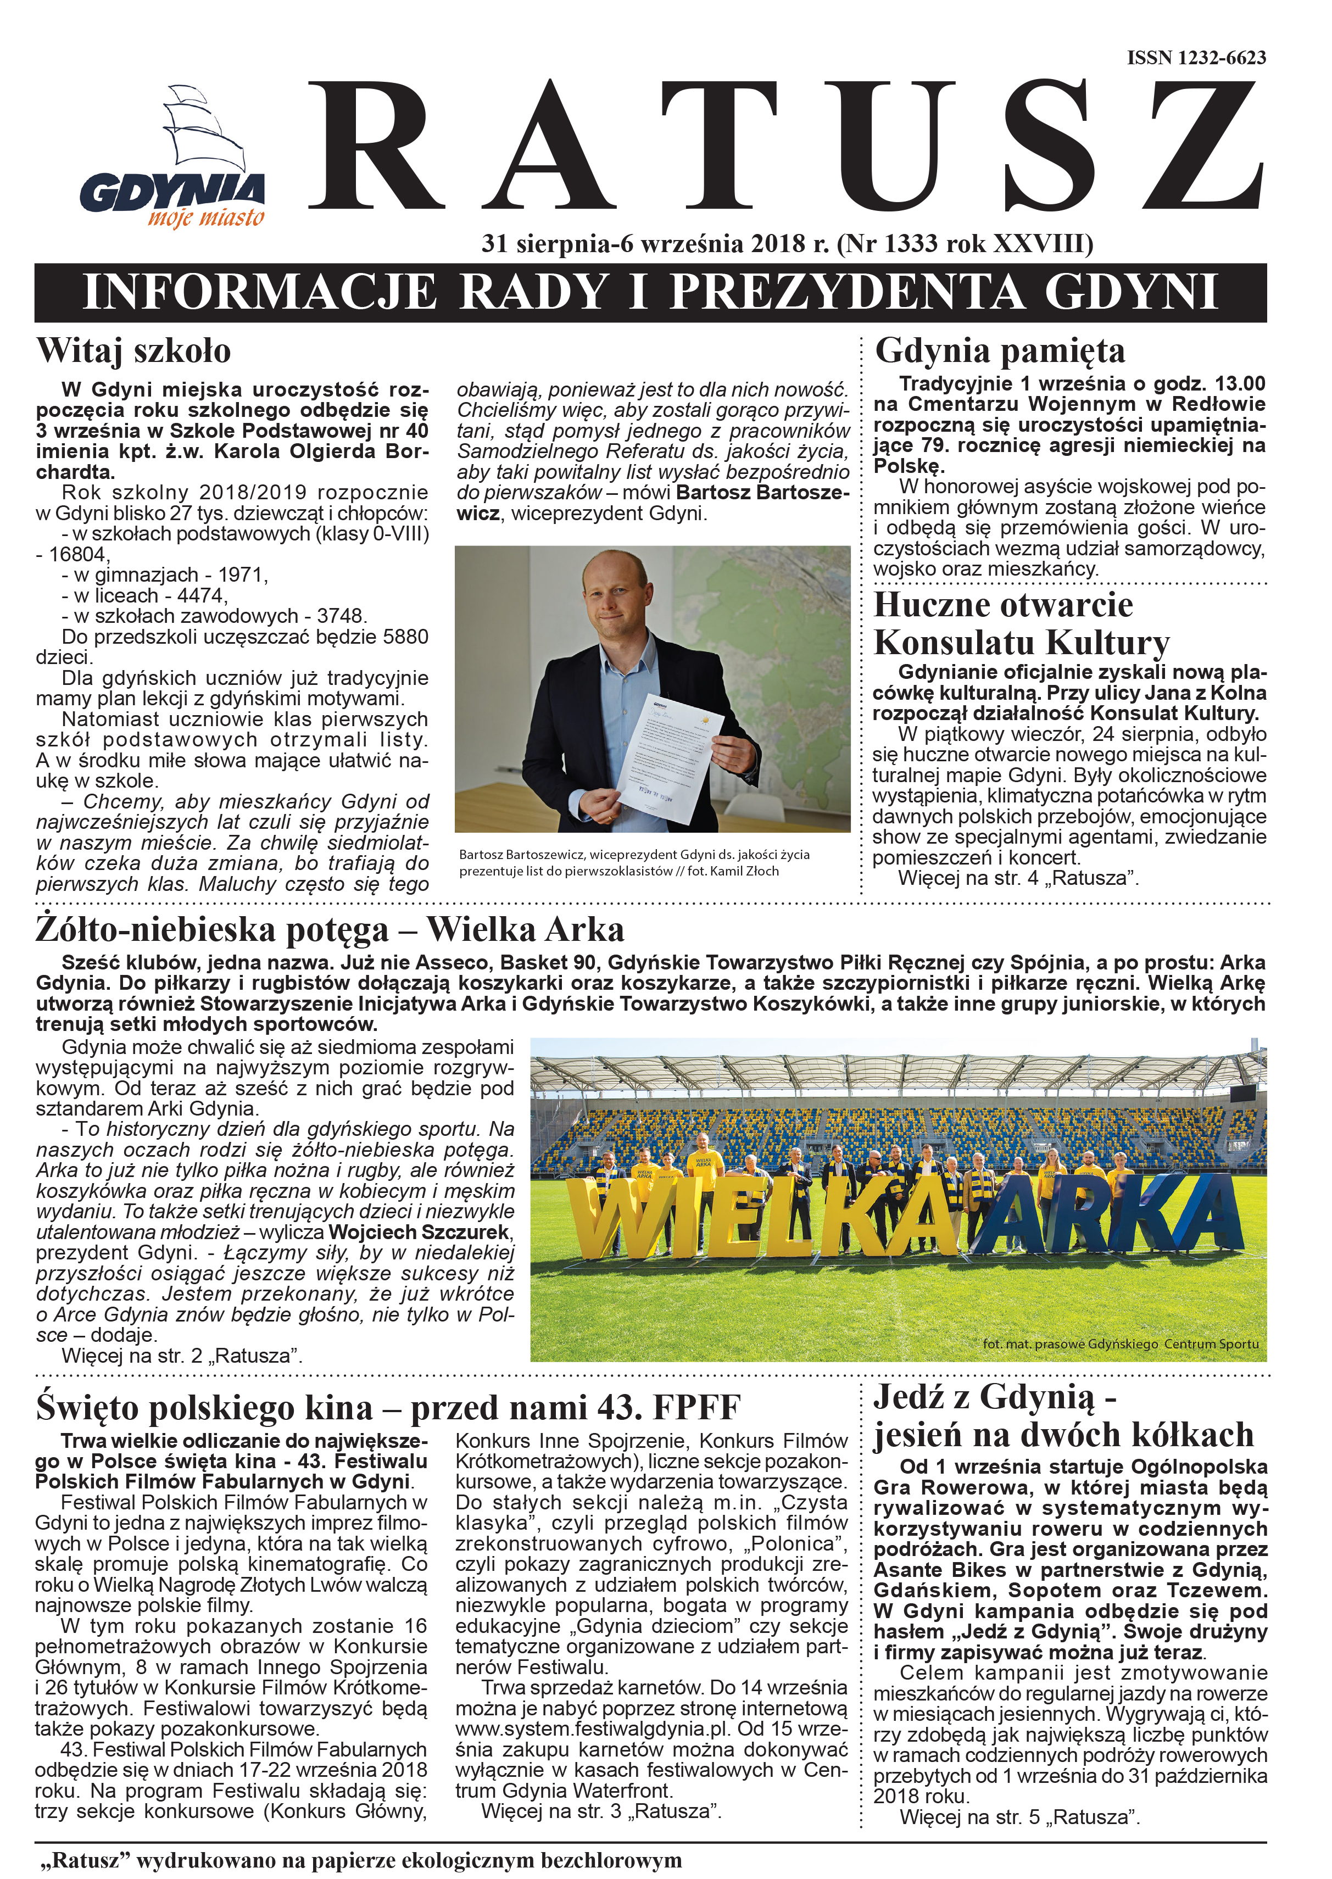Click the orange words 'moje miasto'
point(206,218)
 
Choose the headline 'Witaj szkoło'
point(133,351)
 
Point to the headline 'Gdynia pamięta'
point(1000,351)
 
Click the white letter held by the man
point(669,758)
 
